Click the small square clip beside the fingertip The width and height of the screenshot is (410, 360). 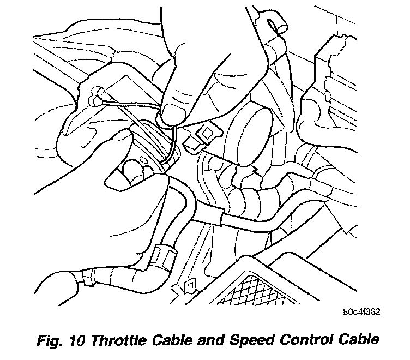pos(206,133)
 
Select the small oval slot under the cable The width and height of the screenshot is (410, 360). pos(142,160)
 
